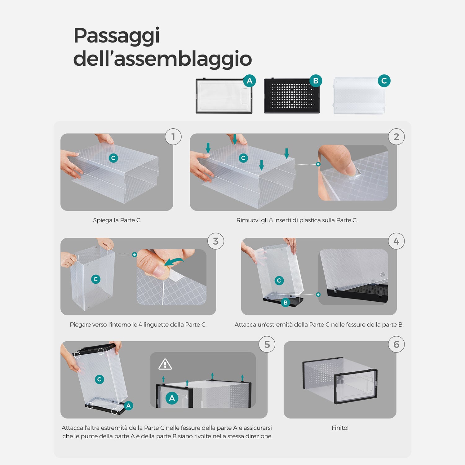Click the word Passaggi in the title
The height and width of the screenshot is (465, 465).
click(x=117, y=36)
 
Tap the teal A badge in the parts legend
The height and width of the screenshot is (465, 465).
click(x=250, y=81)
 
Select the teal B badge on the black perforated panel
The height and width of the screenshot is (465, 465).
click(x=316, y=81)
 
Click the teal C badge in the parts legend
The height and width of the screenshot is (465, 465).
click(x=384, y=81)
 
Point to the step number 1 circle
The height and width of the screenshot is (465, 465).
click(x=173, y=137)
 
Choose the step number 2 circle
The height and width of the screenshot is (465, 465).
click(x=396, y=137)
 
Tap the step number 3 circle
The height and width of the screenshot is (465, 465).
click(x=216, y=241)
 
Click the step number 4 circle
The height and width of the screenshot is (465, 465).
click(x=396, y=241)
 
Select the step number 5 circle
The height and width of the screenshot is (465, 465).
click(x=267, y=344)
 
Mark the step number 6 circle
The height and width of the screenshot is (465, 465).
click(x=396, y=344)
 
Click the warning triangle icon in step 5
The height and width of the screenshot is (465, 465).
click(x=165, y=364)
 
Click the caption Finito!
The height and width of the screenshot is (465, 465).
click(x=340, y=428)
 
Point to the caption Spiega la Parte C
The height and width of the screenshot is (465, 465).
click(x=117, y=220)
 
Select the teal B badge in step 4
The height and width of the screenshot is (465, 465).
click(x=286, y=303)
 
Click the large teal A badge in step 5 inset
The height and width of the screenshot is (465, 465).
click(x=172, y=398)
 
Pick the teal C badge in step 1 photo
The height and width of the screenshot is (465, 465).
click(x=113, y=158)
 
